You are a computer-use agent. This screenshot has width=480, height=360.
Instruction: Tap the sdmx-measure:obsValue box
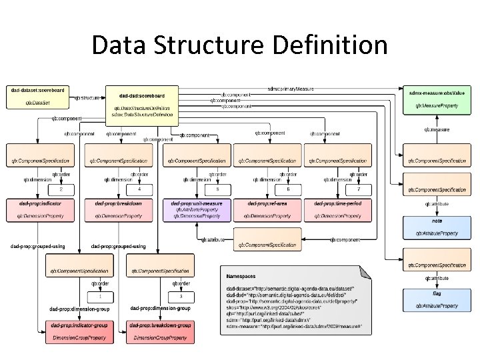pos(437,97)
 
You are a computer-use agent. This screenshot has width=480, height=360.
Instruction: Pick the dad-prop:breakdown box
pos(118,209)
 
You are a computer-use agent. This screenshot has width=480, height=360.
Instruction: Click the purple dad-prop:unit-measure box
pos(199,209)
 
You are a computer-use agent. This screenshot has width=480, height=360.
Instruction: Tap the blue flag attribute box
pos(437,298)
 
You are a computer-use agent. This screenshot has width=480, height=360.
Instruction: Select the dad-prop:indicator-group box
pos(78,331)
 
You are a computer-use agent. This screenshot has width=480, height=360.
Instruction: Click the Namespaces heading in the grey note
pos(241,275)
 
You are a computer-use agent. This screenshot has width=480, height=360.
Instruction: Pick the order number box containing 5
pos(217,189)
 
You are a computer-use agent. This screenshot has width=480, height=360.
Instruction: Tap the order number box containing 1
pos(100,295)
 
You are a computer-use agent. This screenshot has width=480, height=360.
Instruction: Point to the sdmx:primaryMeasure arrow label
pos(290,88)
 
